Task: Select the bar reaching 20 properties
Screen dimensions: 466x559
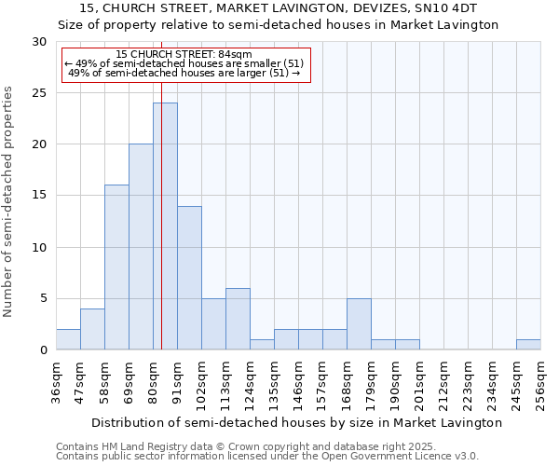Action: (x=141, y=247)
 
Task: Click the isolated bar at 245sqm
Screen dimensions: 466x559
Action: (x=528, y=345)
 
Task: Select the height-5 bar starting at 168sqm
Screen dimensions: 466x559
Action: (x=359, y=324)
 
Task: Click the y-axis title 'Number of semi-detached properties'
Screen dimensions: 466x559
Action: (x=9, y=201)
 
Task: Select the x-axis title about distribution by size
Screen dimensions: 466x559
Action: (x=298, y=422)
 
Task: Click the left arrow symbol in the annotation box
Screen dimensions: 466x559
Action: (x=69, y=63)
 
